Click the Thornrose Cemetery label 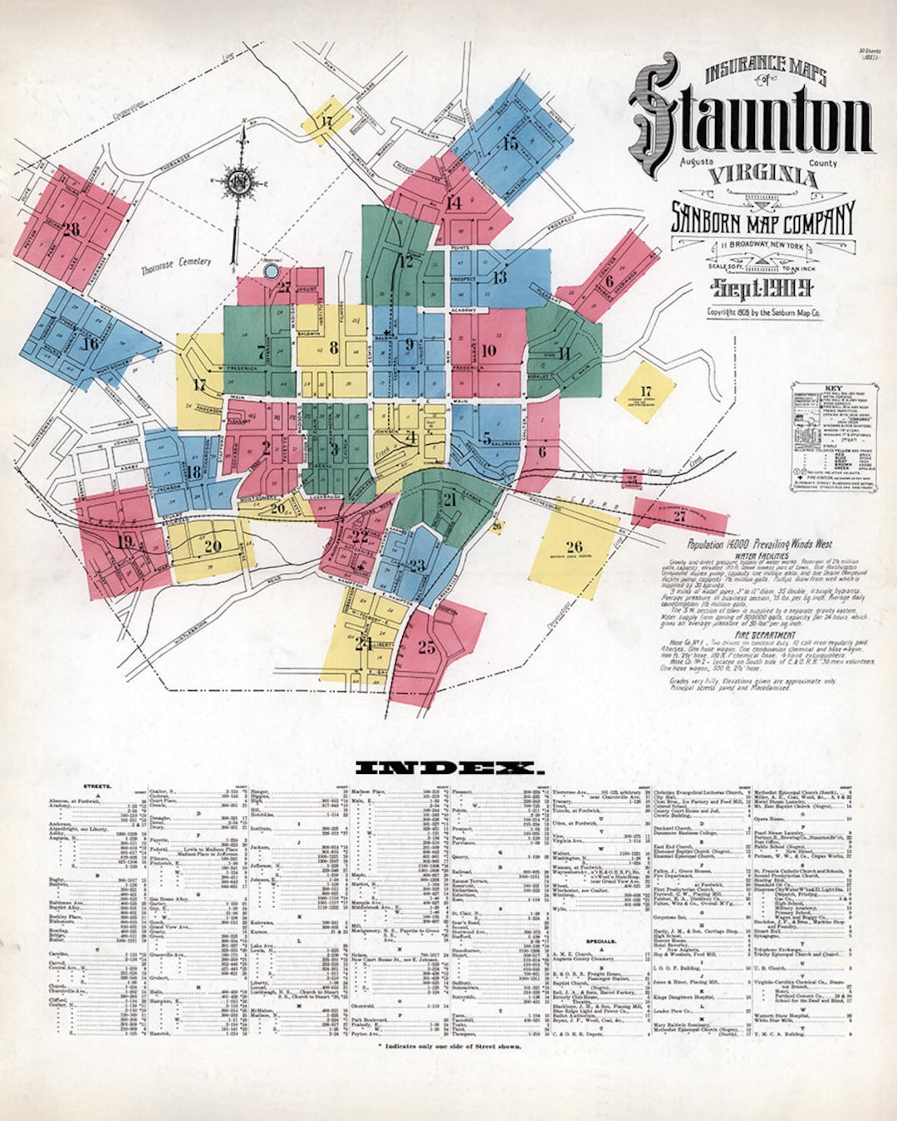175,266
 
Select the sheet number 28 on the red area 71,228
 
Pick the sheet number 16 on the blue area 90,343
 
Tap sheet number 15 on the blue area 510,144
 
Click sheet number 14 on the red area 453,203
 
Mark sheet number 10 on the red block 488,350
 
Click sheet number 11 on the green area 565,352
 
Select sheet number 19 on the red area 125,542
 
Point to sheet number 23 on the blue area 417,566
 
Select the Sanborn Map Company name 762,218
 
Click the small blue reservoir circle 271,271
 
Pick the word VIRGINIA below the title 762,176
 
